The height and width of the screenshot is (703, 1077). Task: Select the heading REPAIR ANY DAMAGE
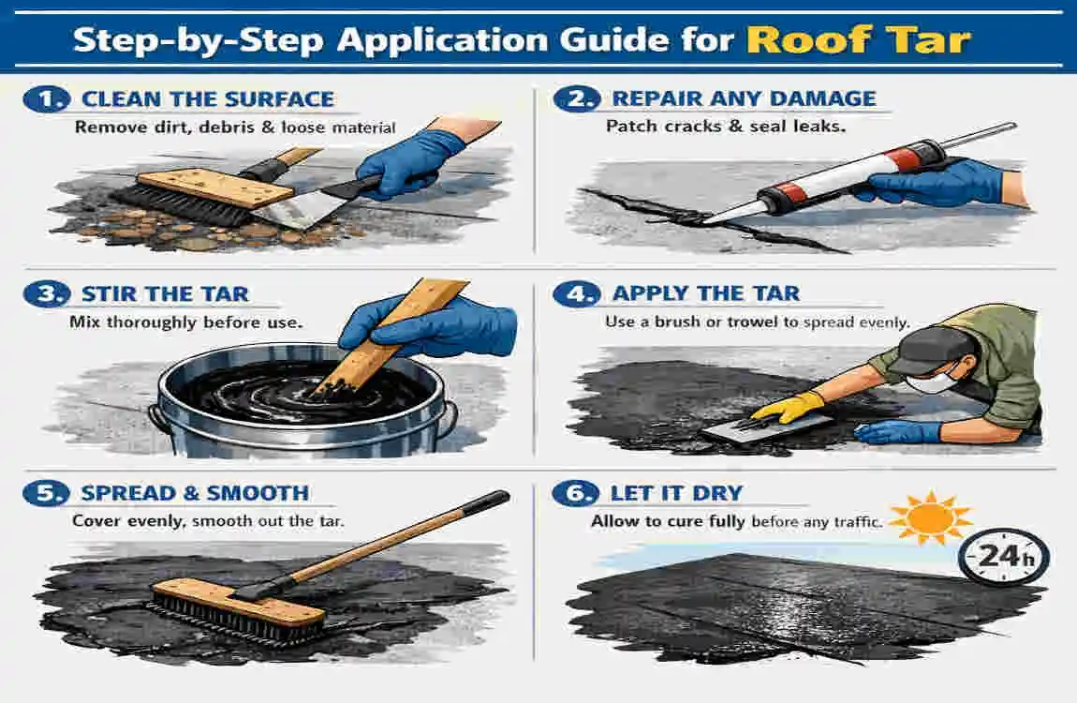click(744, 98)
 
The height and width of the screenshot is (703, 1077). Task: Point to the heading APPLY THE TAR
click(705, 293)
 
